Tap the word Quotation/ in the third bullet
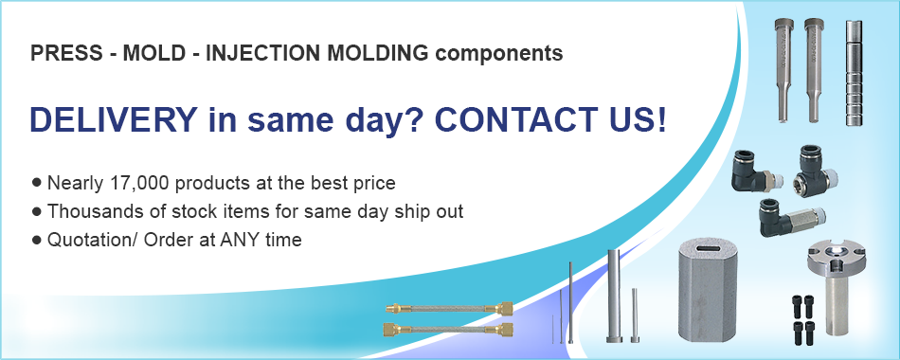87,240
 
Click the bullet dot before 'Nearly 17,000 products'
37,181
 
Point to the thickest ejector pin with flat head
613,294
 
